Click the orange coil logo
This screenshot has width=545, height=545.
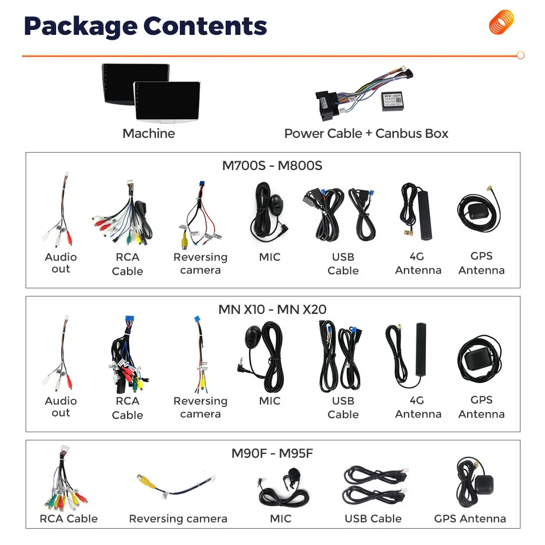501,22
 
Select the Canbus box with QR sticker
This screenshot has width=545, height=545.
392,101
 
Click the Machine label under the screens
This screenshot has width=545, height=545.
149,134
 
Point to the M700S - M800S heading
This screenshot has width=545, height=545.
272,166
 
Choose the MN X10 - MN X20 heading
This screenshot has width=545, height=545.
272,310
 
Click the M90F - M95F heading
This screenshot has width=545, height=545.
272,453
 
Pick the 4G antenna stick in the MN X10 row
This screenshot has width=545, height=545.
421,349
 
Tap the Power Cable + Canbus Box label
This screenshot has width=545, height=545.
366,134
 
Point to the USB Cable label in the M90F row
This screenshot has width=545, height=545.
373,519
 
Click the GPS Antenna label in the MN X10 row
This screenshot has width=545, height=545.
481,407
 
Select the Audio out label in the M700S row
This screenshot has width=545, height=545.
61,263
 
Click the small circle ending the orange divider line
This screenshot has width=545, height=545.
520,55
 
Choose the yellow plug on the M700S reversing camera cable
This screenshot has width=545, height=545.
184,240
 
